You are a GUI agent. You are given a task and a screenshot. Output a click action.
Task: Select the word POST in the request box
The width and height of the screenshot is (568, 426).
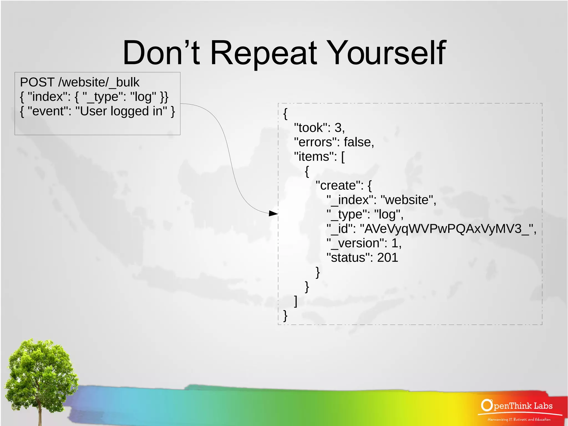[x=37, y=82]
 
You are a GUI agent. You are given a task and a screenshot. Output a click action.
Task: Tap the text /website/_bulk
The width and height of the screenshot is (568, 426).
[x=99, y=82]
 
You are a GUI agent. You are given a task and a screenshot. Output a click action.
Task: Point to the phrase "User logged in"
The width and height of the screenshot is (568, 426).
[x=121, y=111]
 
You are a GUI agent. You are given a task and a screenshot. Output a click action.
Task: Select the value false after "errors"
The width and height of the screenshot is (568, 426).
[x=359, y=142]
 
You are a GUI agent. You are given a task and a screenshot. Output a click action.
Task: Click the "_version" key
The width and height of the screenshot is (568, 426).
[x=357, y=243]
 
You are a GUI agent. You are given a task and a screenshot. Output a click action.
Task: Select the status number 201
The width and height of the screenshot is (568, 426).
[x=387, y=258]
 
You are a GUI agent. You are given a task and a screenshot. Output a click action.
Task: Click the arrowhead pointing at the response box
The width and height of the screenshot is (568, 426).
[x=274, y=213]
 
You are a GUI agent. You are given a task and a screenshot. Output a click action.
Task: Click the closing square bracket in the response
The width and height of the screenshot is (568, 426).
[x=296, y=301]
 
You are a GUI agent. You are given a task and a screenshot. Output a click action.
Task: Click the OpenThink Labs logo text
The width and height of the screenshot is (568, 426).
[x=517, y=406]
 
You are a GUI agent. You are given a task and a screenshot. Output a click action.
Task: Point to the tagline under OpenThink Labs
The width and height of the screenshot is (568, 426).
[x=519, y=419]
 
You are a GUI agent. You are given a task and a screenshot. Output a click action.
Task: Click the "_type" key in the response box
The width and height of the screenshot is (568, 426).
[x=348, y=215]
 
